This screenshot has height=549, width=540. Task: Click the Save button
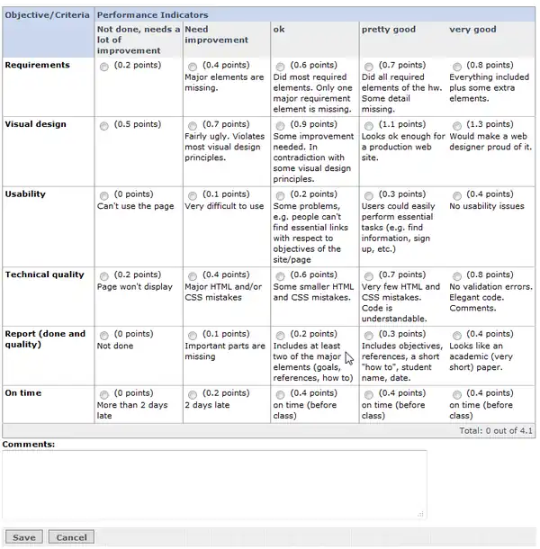tap(24, 537)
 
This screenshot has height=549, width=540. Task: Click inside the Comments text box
tap(213, 484)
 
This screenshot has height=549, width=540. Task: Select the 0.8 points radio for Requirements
tap(457, 67)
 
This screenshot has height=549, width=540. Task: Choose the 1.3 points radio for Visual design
tap(457, 125)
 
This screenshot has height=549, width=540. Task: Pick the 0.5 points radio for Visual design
tap(104, 125)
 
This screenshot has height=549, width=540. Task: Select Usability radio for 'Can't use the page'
tap(104, 195)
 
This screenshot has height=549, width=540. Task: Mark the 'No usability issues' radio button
tap(457, 195)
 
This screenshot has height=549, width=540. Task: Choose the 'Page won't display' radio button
tap(104, 276)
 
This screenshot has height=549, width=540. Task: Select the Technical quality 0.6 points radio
tap(281, 276)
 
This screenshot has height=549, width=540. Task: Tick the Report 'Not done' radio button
tap(104, 335)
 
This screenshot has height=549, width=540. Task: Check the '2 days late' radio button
tap(193, 394)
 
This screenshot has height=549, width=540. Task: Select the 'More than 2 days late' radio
tap(104, 394)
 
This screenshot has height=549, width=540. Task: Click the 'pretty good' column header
tap(389, 30)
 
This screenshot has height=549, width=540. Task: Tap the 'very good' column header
tap(472, 30)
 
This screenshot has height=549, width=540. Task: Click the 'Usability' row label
tap(25, 193)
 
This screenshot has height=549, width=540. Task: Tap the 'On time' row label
tap(23, 392)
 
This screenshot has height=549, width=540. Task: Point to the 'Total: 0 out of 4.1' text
tap(496, 431)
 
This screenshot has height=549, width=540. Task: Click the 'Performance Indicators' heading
tap(152, 15)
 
